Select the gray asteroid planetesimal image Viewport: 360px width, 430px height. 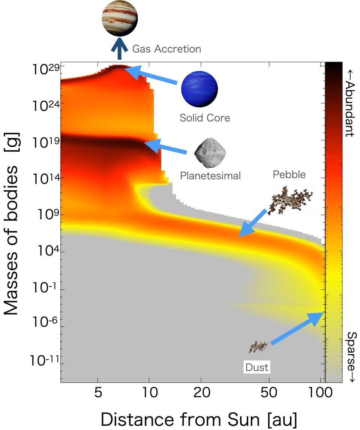click(206, 152)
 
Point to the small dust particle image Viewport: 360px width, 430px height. click(259, 346)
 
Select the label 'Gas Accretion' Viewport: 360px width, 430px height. click(166, 49)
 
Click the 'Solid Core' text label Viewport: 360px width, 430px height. click(204, 118)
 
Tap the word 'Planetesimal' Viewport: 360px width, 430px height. click(210, 175)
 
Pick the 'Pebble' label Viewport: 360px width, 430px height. click(289, 174)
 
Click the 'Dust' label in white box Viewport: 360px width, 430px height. click(257, 367)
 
